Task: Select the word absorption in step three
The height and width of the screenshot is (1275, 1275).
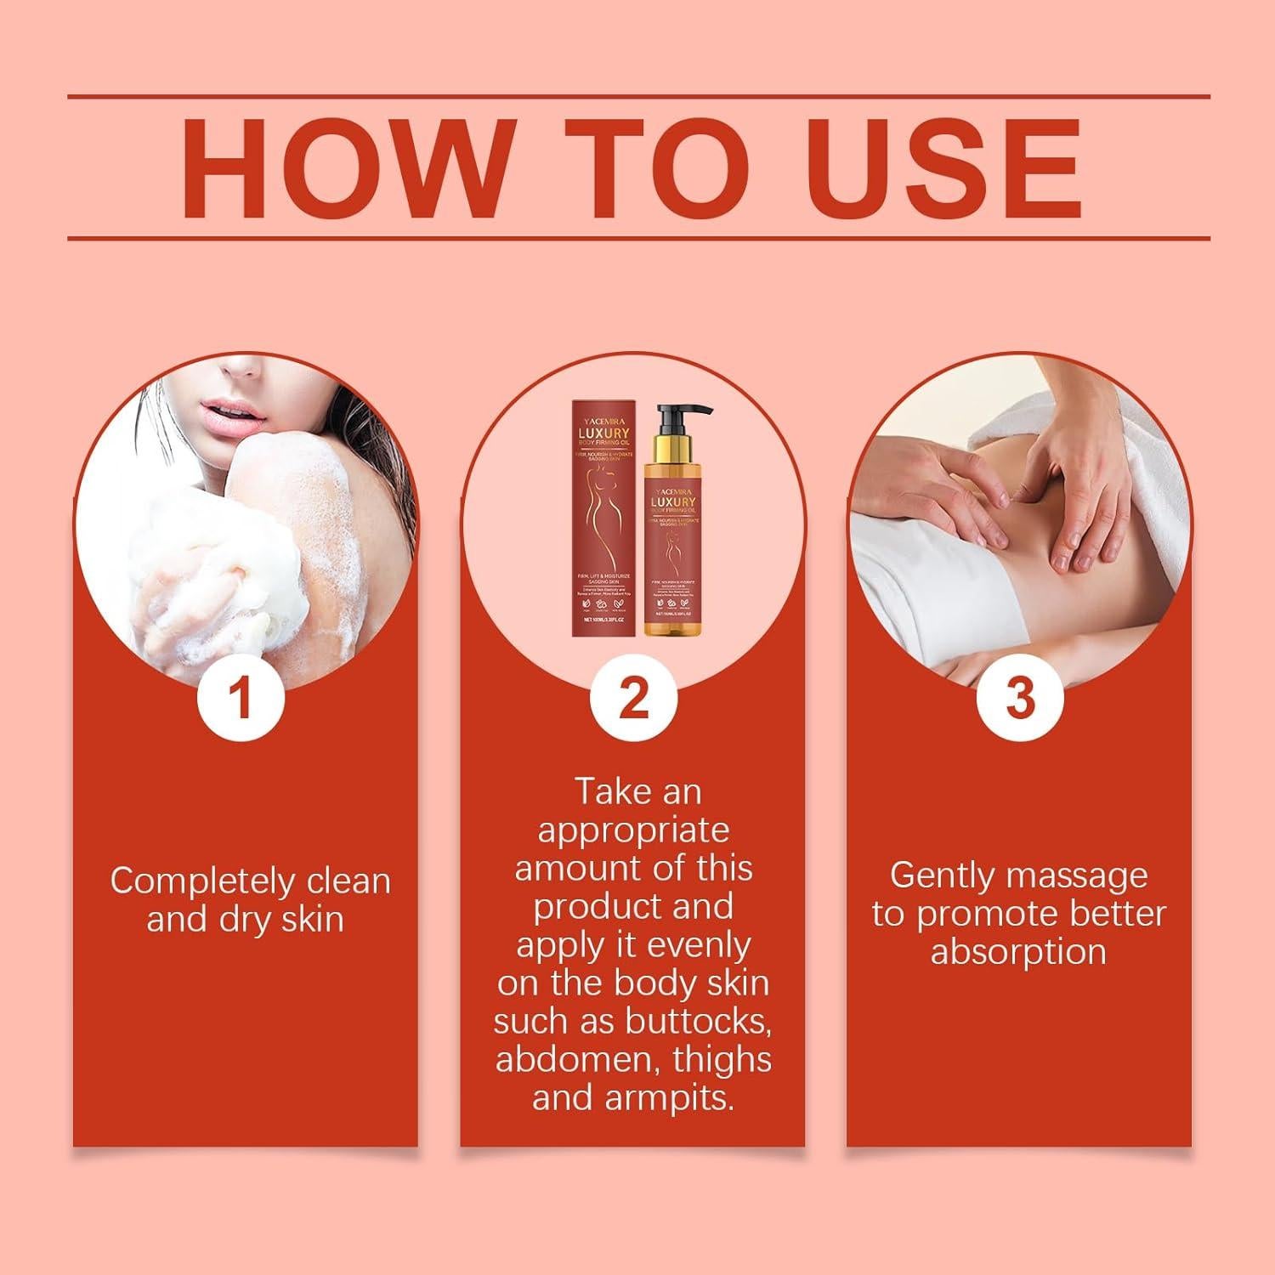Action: [x=1018, y=951]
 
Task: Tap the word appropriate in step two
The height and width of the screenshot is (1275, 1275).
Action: [x=633, y=830]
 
